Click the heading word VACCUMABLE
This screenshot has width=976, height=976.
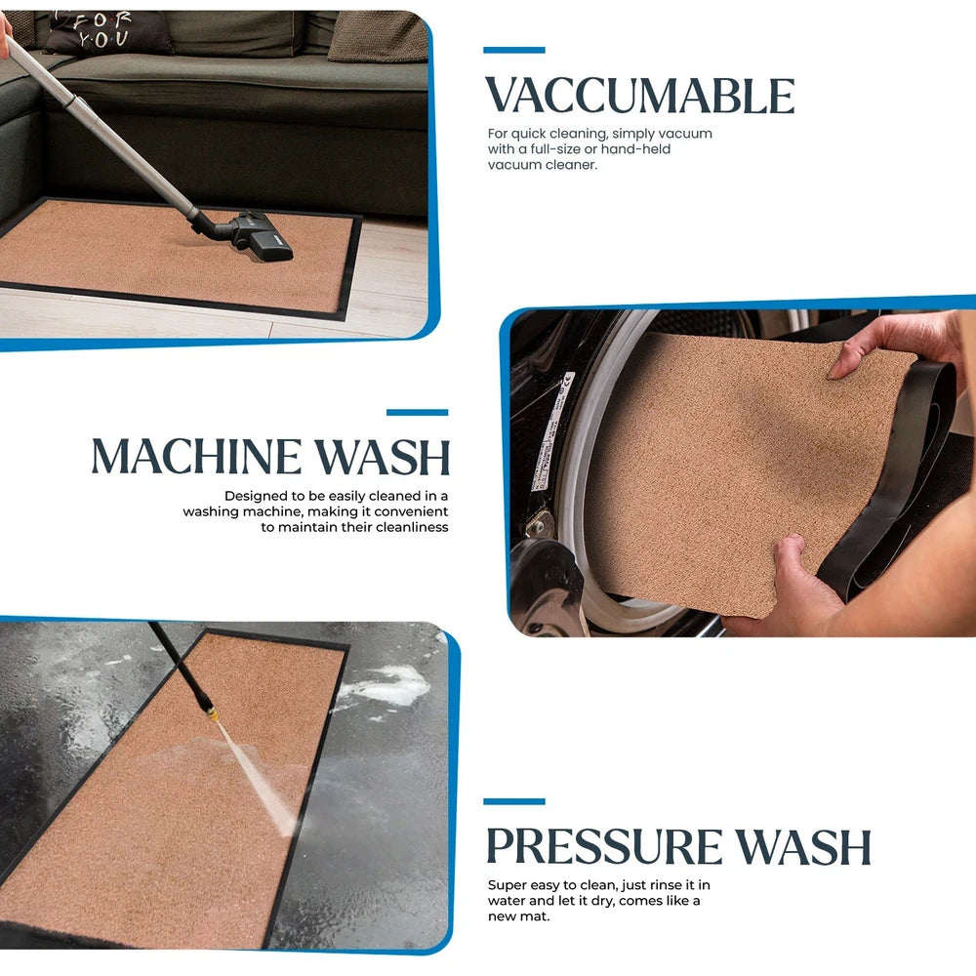pos(639,96)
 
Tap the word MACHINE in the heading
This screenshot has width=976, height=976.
pos(196,456)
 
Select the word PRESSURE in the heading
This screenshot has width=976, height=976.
pos(603,846)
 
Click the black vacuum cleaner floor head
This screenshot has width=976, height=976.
pos(259,235)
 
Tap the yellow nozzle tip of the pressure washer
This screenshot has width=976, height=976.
pos(212,712)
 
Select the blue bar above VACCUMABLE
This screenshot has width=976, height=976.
pos(514,50)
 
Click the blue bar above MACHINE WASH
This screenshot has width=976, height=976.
pos(417,412)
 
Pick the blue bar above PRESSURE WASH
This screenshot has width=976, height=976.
pos(514,801)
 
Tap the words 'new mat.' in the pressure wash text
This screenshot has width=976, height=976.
pos(518,916)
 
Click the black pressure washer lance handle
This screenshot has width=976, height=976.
pos(179,664)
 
